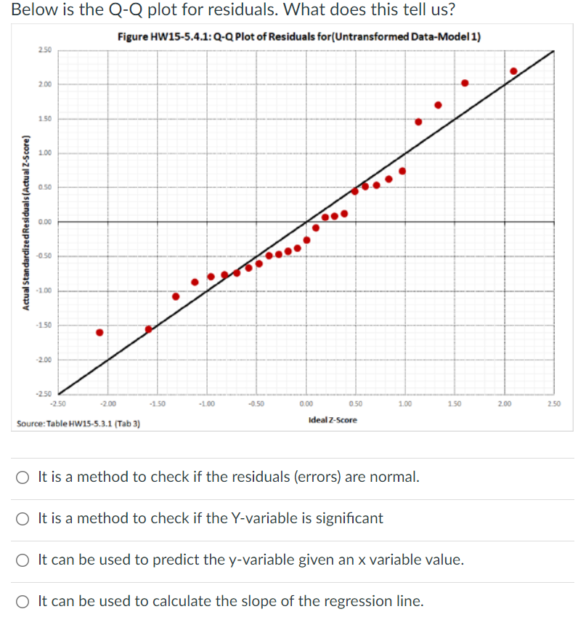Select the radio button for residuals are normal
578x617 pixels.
24,477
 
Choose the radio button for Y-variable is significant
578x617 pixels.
24,519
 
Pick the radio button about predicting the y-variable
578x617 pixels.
24,560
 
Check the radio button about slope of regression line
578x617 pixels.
24,602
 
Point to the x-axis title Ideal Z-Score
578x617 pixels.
333,420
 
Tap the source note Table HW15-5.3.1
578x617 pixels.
78,423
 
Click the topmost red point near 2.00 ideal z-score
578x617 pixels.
513,71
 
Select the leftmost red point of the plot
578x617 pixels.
100,332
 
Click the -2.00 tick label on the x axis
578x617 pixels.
107,403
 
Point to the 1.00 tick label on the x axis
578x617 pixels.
405,403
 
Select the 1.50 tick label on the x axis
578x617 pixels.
455,403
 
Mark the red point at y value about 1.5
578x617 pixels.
418,121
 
